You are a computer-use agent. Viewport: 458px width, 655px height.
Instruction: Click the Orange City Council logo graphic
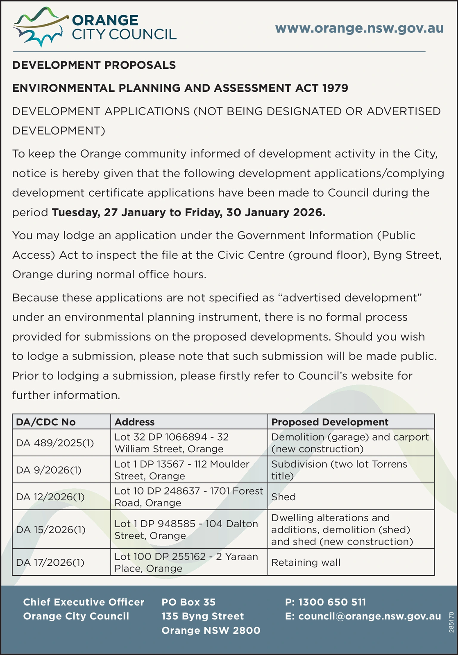click(39, 27)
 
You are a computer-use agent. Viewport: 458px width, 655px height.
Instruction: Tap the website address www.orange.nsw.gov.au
click(359, 28)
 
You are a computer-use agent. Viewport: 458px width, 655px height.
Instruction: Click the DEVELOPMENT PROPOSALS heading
click(94, 65)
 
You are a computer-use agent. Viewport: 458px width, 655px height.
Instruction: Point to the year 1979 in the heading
click(335, 88)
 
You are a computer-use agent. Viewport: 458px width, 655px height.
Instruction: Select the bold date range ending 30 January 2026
click(189, 212)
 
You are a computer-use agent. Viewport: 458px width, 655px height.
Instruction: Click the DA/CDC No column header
click(45, 422)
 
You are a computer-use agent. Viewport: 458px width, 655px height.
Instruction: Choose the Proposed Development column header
click(330, 422)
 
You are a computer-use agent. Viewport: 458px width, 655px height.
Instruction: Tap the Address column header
click(134, 422)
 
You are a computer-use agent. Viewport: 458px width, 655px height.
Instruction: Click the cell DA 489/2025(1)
click(55, 443)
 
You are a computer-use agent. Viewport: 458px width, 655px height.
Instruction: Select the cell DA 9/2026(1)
click(49, 470)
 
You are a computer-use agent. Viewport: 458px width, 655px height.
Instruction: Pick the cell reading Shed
click(283, 497)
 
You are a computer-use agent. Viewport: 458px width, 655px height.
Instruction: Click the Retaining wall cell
click(306, 562)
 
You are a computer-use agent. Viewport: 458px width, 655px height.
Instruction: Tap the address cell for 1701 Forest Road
click(188, 497)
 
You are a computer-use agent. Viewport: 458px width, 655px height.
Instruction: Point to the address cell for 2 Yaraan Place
click(186, 562)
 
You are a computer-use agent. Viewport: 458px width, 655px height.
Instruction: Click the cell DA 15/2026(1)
click(50, 530)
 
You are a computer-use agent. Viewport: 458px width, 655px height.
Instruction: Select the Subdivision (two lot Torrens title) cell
click(339, 470)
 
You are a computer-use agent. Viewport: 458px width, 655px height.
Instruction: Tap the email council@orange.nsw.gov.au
click(363, 617)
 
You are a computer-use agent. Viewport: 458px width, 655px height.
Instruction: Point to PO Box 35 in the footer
click(188, 602)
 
